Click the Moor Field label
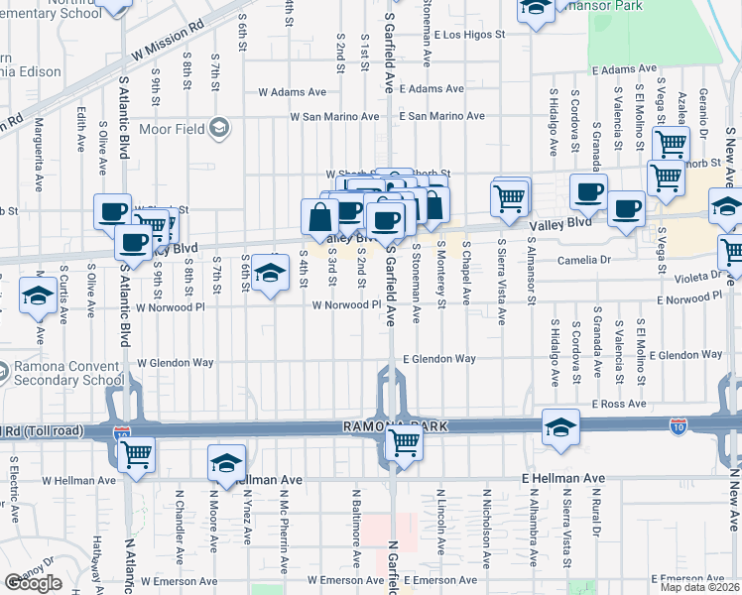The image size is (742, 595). point(173,128)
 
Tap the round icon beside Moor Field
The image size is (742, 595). point(219,128)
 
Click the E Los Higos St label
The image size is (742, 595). point(458,34)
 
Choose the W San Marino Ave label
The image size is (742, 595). point(334,116)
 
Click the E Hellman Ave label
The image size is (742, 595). point(563,478)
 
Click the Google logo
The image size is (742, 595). point(33,583)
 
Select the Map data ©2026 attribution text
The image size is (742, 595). point(699,587)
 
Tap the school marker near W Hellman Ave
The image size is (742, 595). point(226,463)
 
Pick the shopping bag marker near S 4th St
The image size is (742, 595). point(319,217)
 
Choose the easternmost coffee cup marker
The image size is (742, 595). point(626,208)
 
